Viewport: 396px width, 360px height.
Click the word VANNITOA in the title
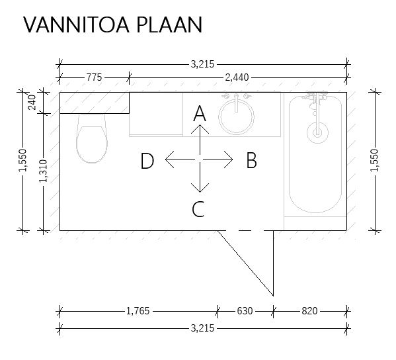point(77,24)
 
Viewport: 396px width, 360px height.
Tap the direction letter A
point(200,114)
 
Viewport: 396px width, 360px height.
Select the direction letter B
point(251,160)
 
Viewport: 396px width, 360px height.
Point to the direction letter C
point(198,209)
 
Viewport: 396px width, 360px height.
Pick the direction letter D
point(147,161)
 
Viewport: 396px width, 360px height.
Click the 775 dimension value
point(94,77)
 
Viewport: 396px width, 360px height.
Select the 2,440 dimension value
point(237,77)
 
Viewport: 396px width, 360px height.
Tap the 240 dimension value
point(32,103)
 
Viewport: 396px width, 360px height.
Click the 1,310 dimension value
point(43,171)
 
